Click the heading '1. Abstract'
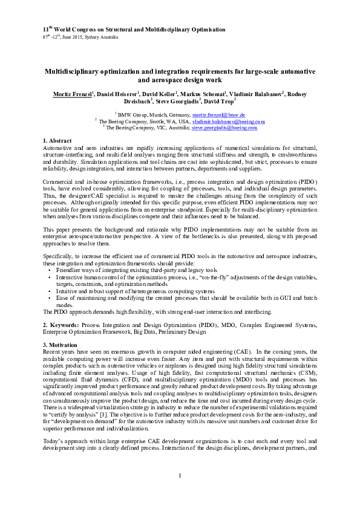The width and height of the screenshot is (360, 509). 58,140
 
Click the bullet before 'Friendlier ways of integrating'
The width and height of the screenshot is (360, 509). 49,270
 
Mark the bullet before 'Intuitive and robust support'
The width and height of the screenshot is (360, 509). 49,291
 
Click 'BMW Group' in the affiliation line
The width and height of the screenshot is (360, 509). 131,114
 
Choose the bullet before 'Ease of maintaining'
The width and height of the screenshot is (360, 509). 49,298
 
